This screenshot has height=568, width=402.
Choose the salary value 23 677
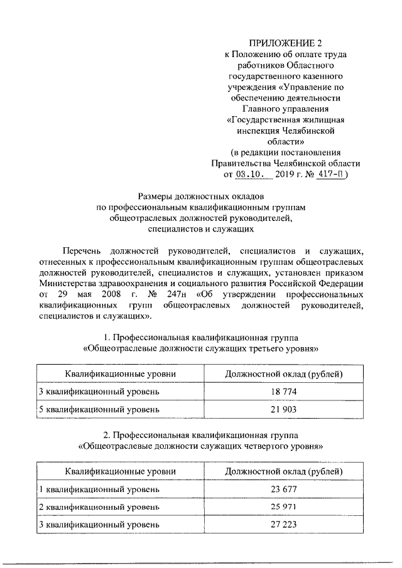(x=284, y=489)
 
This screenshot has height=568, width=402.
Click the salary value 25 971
(x=284, y=506)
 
